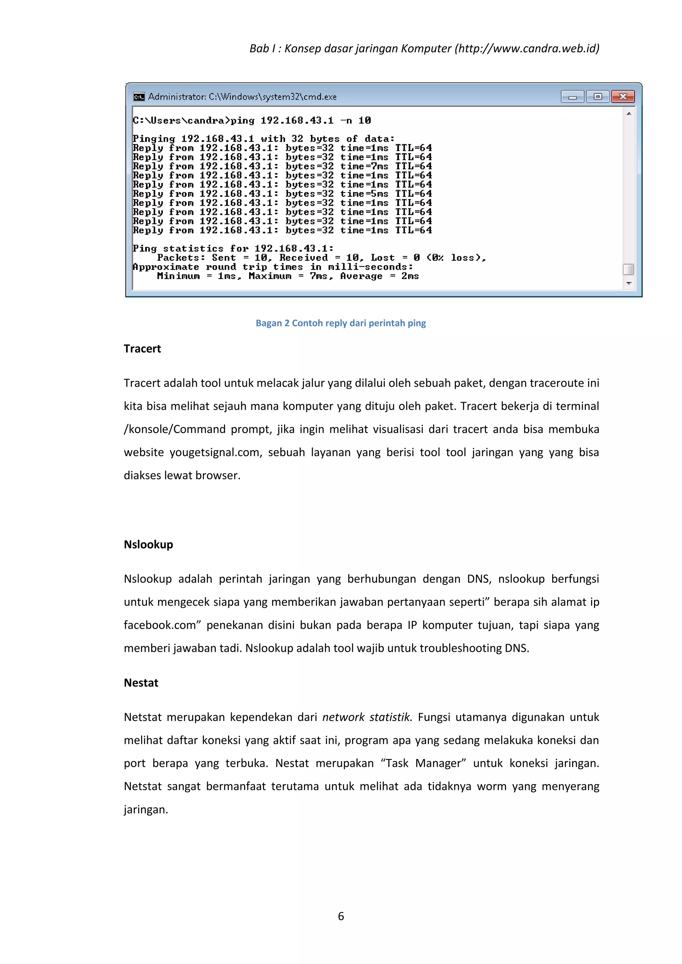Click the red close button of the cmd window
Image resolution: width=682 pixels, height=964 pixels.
[623, 97]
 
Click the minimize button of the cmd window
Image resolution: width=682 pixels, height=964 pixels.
[572, 97]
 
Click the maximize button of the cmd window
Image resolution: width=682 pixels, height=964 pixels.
[598, 97]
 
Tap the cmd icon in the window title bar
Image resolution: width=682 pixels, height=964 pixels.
[139, 97]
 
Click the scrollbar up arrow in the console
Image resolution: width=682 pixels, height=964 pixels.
[629, 114]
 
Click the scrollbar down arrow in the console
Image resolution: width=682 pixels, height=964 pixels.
[629, 283]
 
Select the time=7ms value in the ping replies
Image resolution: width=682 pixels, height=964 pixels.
[364, 166]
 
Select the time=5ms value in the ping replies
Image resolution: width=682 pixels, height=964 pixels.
[364, 193]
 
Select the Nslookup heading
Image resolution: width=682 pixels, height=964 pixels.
[148, 545]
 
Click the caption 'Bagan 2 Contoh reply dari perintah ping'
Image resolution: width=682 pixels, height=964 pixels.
[341, 323]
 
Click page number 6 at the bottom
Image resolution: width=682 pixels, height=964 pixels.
[341, 916]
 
